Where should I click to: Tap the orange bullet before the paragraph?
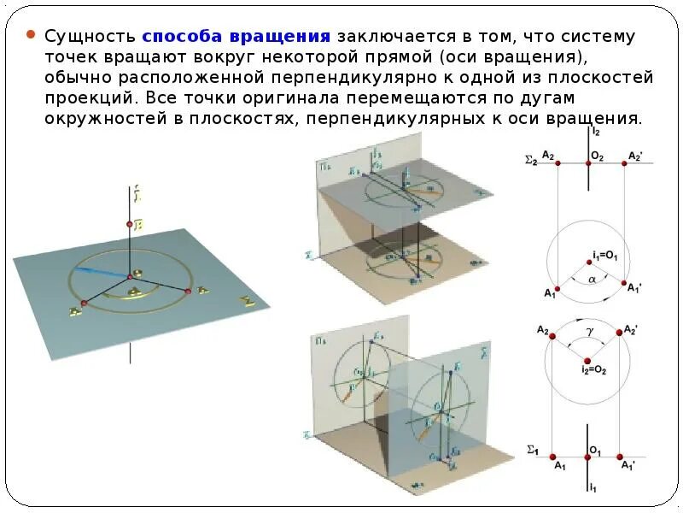(31, 36)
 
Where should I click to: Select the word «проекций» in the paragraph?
(85, 97)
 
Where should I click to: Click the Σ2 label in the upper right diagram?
(531, 159)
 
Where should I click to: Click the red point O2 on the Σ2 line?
(589, 163)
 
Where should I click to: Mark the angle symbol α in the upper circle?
(591, 279)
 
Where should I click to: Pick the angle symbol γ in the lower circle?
(588, 329)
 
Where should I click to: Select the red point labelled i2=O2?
(588, 359)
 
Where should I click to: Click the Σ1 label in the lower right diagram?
(532, 451)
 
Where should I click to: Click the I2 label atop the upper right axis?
(595, 133)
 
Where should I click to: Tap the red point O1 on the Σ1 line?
(589, 457)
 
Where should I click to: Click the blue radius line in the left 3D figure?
(100, 273)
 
